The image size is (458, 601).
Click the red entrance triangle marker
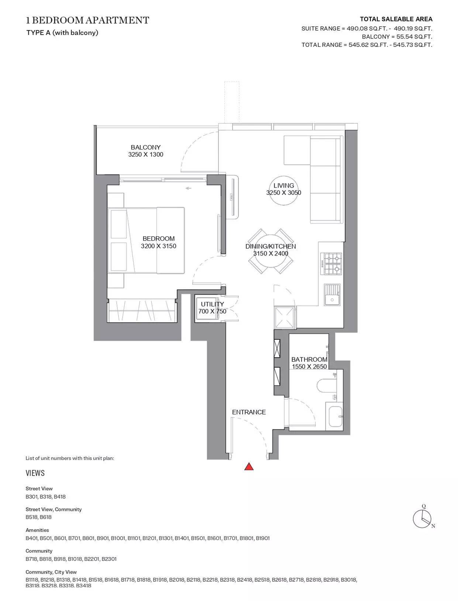[x=248, y=466]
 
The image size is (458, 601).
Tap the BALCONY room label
[x=145, y=147]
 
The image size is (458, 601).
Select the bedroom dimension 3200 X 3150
[x=158, y=246]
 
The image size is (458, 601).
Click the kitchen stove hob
[x=333, y=264]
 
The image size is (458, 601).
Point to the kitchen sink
[x=332, y=295]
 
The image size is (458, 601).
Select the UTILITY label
[x=212, y=304]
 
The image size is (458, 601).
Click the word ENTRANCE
[x=249, y=412]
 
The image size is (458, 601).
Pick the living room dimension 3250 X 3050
[x=283, y=192]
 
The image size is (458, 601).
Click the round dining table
[x=271, y=251]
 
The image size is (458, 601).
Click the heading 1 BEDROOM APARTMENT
[x=87, y=20]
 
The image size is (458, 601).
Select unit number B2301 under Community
[x=109, y=559]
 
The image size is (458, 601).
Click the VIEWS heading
[x=35, y=473]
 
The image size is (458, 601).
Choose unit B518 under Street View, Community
[x=31, y=517]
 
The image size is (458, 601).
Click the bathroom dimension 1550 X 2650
[x=309, y=366]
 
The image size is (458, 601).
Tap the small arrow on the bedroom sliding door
[x=188, y=188]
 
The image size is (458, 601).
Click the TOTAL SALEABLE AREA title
[x=396, y=19]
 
